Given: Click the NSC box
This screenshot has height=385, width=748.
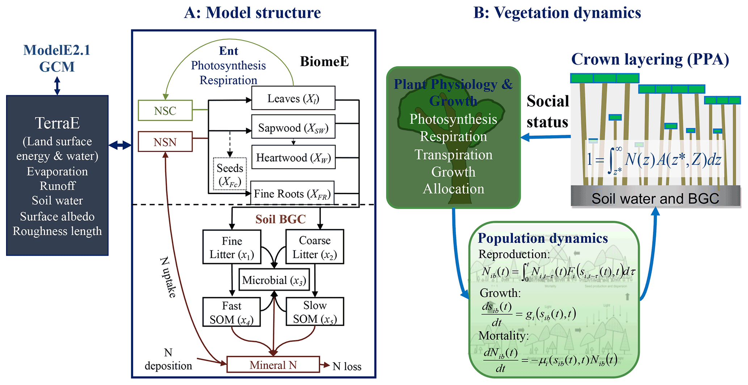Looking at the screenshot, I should (x=165, y=110).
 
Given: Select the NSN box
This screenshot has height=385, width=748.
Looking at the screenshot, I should (x=165, y=142).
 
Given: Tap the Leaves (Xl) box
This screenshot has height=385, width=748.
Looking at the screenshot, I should (x=293, y=98).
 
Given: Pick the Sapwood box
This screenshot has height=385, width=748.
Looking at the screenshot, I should (x=293, y=128).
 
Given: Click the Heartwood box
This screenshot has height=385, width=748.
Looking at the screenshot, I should (x=293, y=157).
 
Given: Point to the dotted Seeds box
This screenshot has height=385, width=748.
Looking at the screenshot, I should (x=230, y=174).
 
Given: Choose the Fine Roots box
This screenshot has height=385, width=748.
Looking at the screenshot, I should (x=292, y=194).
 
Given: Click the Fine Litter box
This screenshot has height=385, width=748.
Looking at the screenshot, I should (x=232, y=247).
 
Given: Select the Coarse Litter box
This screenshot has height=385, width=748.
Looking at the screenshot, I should (x=314, y=247).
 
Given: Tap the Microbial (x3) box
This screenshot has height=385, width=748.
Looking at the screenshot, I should (x=274, y=280).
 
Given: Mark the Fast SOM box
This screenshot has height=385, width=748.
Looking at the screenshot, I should (x=232, y=312).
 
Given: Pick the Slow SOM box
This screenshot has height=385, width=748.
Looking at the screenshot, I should (x=314, y=312).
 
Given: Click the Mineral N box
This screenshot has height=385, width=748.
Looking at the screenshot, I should (x=273, y=365).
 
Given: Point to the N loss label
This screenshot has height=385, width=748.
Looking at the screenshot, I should (x=347, y=367).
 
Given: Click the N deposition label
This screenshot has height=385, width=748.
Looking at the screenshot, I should (x=168, y=359).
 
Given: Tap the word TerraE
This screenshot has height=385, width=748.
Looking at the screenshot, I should (x=57, y=123).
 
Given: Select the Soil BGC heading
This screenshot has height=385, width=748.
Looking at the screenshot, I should (x=280, y=219).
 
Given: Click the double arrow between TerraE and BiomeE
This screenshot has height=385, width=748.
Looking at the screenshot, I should (x=120, y=145).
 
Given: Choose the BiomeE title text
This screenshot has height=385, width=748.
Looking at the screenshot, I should (x=324, y=62).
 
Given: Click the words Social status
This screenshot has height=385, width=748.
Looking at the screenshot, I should (x=548, y=111).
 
